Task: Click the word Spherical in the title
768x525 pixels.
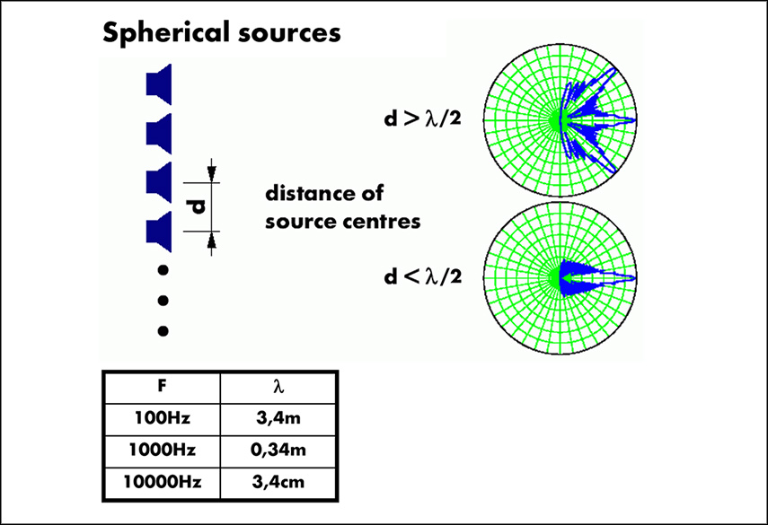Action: click(158, 34)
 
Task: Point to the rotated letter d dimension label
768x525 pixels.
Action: click(197, 206)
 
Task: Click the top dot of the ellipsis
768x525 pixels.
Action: click(163, 269)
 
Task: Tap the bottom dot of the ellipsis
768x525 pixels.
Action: click(163, 331)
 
